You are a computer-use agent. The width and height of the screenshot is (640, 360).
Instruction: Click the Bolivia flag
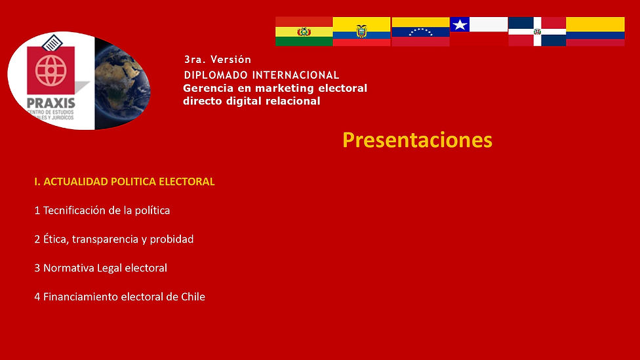click(x=304, y=31)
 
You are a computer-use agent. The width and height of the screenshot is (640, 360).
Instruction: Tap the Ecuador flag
click(x=361, y=31)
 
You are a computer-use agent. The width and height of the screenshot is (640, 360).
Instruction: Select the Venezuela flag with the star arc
click(x=420, y=31)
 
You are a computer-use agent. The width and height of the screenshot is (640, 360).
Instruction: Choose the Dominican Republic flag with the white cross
click(x=537, y=31)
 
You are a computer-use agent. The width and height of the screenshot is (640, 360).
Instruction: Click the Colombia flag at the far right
click(x=595, y=31)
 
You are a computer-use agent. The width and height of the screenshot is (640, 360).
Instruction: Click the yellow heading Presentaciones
click(x=417, y=140)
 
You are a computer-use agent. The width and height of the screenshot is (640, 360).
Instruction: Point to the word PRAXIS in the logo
click(x=51, y=103)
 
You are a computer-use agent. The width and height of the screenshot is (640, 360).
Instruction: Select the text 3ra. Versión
click(x=218, y=60)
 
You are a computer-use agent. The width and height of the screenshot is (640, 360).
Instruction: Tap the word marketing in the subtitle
click(x=275, y=89)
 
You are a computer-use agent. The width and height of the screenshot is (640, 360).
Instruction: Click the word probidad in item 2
click(x=172, y=239)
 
